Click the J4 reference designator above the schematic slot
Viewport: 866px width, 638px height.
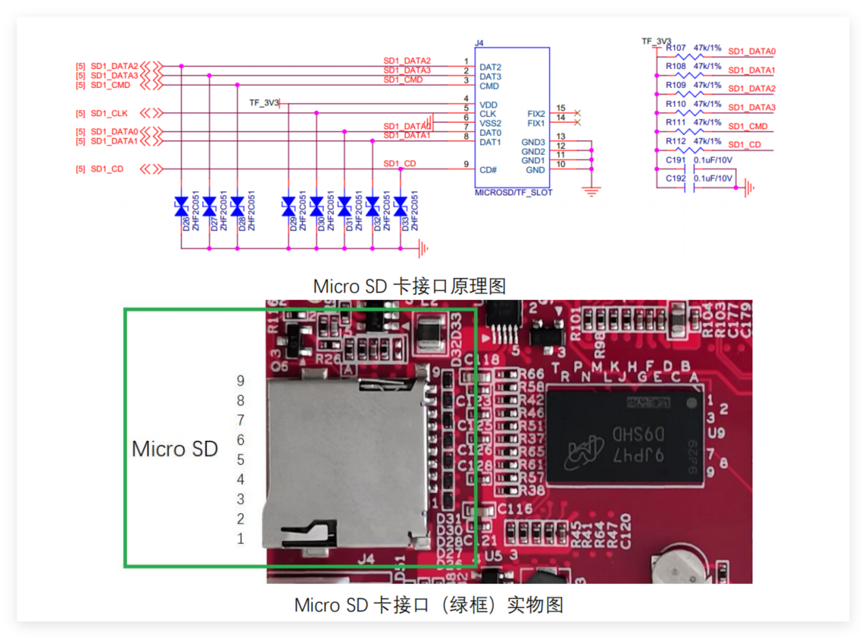[479, 43]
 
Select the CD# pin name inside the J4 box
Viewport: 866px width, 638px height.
[488, 170]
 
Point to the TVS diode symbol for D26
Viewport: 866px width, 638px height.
[181, 206]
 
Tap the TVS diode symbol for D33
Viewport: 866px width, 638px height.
[401, 206]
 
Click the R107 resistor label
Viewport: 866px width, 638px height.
[675, 48]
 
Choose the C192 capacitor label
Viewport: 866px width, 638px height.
[675, 179]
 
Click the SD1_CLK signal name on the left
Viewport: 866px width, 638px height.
[109, 113]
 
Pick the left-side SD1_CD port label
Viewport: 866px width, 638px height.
[107, 169]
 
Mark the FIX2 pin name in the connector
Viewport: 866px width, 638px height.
[536, 114]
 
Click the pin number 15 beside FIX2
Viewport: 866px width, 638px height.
[561, 108]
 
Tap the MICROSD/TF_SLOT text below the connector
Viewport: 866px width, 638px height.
[513, 193]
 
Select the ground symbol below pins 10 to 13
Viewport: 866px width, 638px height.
[591, 191]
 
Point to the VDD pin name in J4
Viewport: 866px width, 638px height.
[488, 105]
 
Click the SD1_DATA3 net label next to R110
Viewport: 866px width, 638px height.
[751, 107]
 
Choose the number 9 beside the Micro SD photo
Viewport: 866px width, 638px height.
[240, 381]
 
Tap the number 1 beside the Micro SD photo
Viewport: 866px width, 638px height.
[240, 539]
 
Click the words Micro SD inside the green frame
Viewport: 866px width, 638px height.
[175, 449]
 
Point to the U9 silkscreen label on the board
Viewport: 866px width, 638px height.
[717, 432]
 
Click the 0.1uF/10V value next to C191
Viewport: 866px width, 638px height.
[713, 160]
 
